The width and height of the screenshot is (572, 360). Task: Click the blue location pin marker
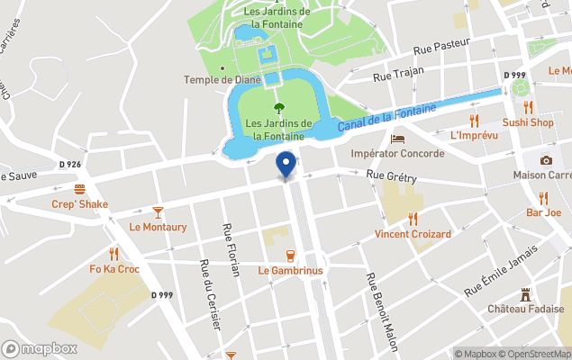(x=286, y=165)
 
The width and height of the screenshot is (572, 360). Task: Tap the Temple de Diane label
(x=222, y=79)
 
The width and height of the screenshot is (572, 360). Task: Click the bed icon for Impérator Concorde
(x=398, y=139)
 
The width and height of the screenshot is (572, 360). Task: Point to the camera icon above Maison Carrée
(x=546, y=160)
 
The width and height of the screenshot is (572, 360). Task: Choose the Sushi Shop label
(x=527, y=122)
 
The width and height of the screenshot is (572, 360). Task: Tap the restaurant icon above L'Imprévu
(x=473, y=120)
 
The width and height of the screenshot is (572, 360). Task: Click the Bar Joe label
(x=543, y=212)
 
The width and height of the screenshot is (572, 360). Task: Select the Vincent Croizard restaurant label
(x=413, y=234)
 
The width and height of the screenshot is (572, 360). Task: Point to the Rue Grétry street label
(x=392, y=178)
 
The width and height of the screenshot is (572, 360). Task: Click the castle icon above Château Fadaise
(x=526, y=294)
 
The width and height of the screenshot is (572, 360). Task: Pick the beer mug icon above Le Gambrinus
(x=290, y=255)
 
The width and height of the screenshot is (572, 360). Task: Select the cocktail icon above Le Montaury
(x=159, y=211)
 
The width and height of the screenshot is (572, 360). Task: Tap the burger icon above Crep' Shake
(x=79, y=189)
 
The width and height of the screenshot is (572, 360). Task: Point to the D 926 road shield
(x=70, y=164)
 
